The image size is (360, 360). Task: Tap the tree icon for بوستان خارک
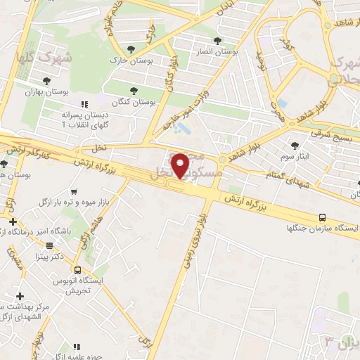pos(131,49)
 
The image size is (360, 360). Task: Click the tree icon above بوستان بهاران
pos(46,81)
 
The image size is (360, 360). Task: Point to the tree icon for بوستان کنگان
pos(134,90)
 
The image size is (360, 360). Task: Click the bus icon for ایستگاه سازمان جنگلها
pos(322,217)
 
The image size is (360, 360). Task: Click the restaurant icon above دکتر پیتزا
pos(49,245)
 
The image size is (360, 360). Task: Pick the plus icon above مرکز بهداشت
pos(20,296)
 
